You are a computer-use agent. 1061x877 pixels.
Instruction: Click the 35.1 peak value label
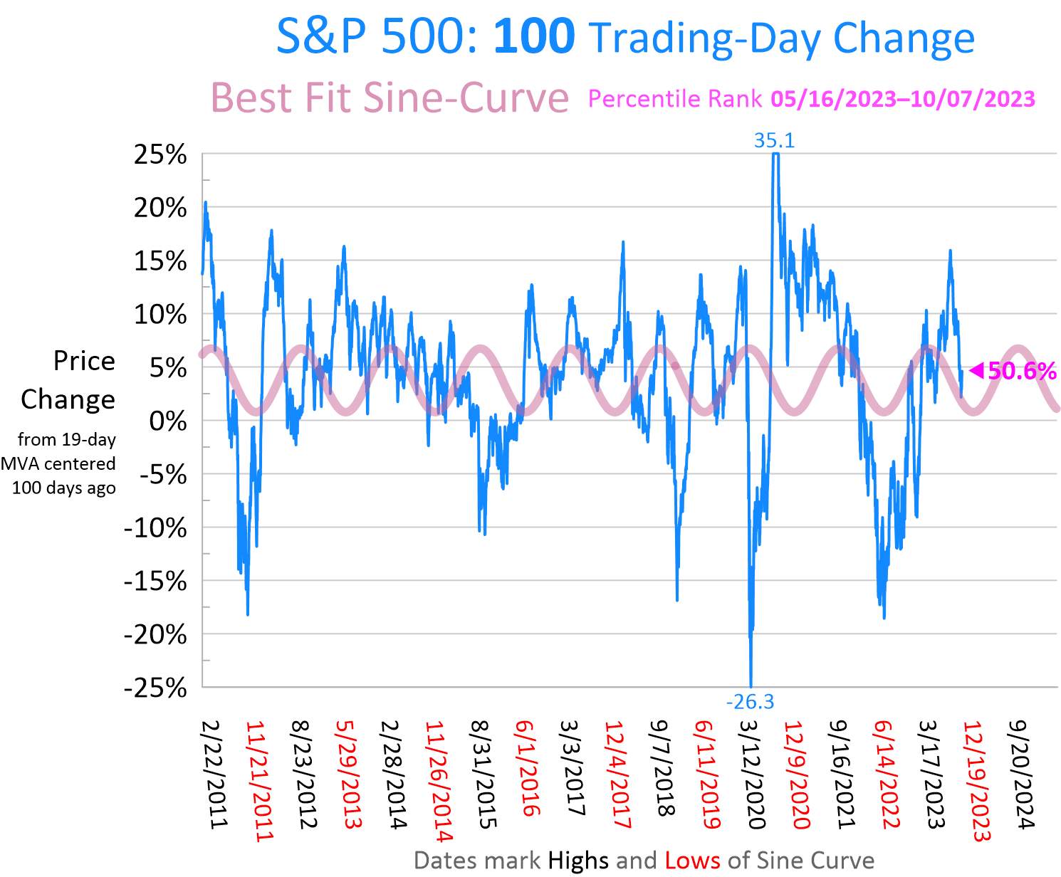click(x=774, y=141)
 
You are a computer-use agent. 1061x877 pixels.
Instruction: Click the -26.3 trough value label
click(x=750, y=703)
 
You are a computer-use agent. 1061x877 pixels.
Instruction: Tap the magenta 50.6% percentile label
click(x=1021, y=371)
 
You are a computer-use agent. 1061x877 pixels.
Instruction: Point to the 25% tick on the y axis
click(x=160, y=154)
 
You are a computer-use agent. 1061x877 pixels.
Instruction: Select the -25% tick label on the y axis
click(x=155, y=688)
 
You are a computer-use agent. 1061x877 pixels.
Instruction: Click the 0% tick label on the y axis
click(x=167, y=421)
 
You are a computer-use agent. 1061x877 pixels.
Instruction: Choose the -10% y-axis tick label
click(x=155, y=528)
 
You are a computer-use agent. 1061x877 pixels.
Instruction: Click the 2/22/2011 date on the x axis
click(x=214, y=774)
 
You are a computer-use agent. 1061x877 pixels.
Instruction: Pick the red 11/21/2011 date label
click(x=258, y=781)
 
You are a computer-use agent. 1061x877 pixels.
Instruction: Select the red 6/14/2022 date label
click(x=887, y=774)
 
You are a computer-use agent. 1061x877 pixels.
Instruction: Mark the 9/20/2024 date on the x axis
click(x=1021, y=774)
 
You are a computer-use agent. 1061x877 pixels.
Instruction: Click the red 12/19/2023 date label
click(x=976, y=781)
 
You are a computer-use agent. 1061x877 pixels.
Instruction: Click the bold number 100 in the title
click(x=534, y=37)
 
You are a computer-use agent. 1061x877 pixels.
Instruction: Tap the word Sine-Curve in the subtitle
click(x=466, y=98)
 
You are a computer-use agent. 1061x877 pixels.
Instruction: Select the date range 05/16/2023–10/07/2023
click(x=902, y=99)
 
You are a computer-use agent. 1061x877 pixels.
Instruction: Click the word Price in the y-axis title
click(x=84, y=361)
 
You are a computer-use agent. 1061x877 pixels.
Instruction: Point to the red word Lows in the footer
click(x=692, y=861)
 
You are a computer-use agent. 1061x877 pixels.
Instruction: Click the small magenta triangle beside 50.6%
click(x=976, y=370)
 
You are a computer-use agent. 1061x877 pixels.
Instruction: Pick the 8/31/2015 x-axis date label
click(x=483, y=774)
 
